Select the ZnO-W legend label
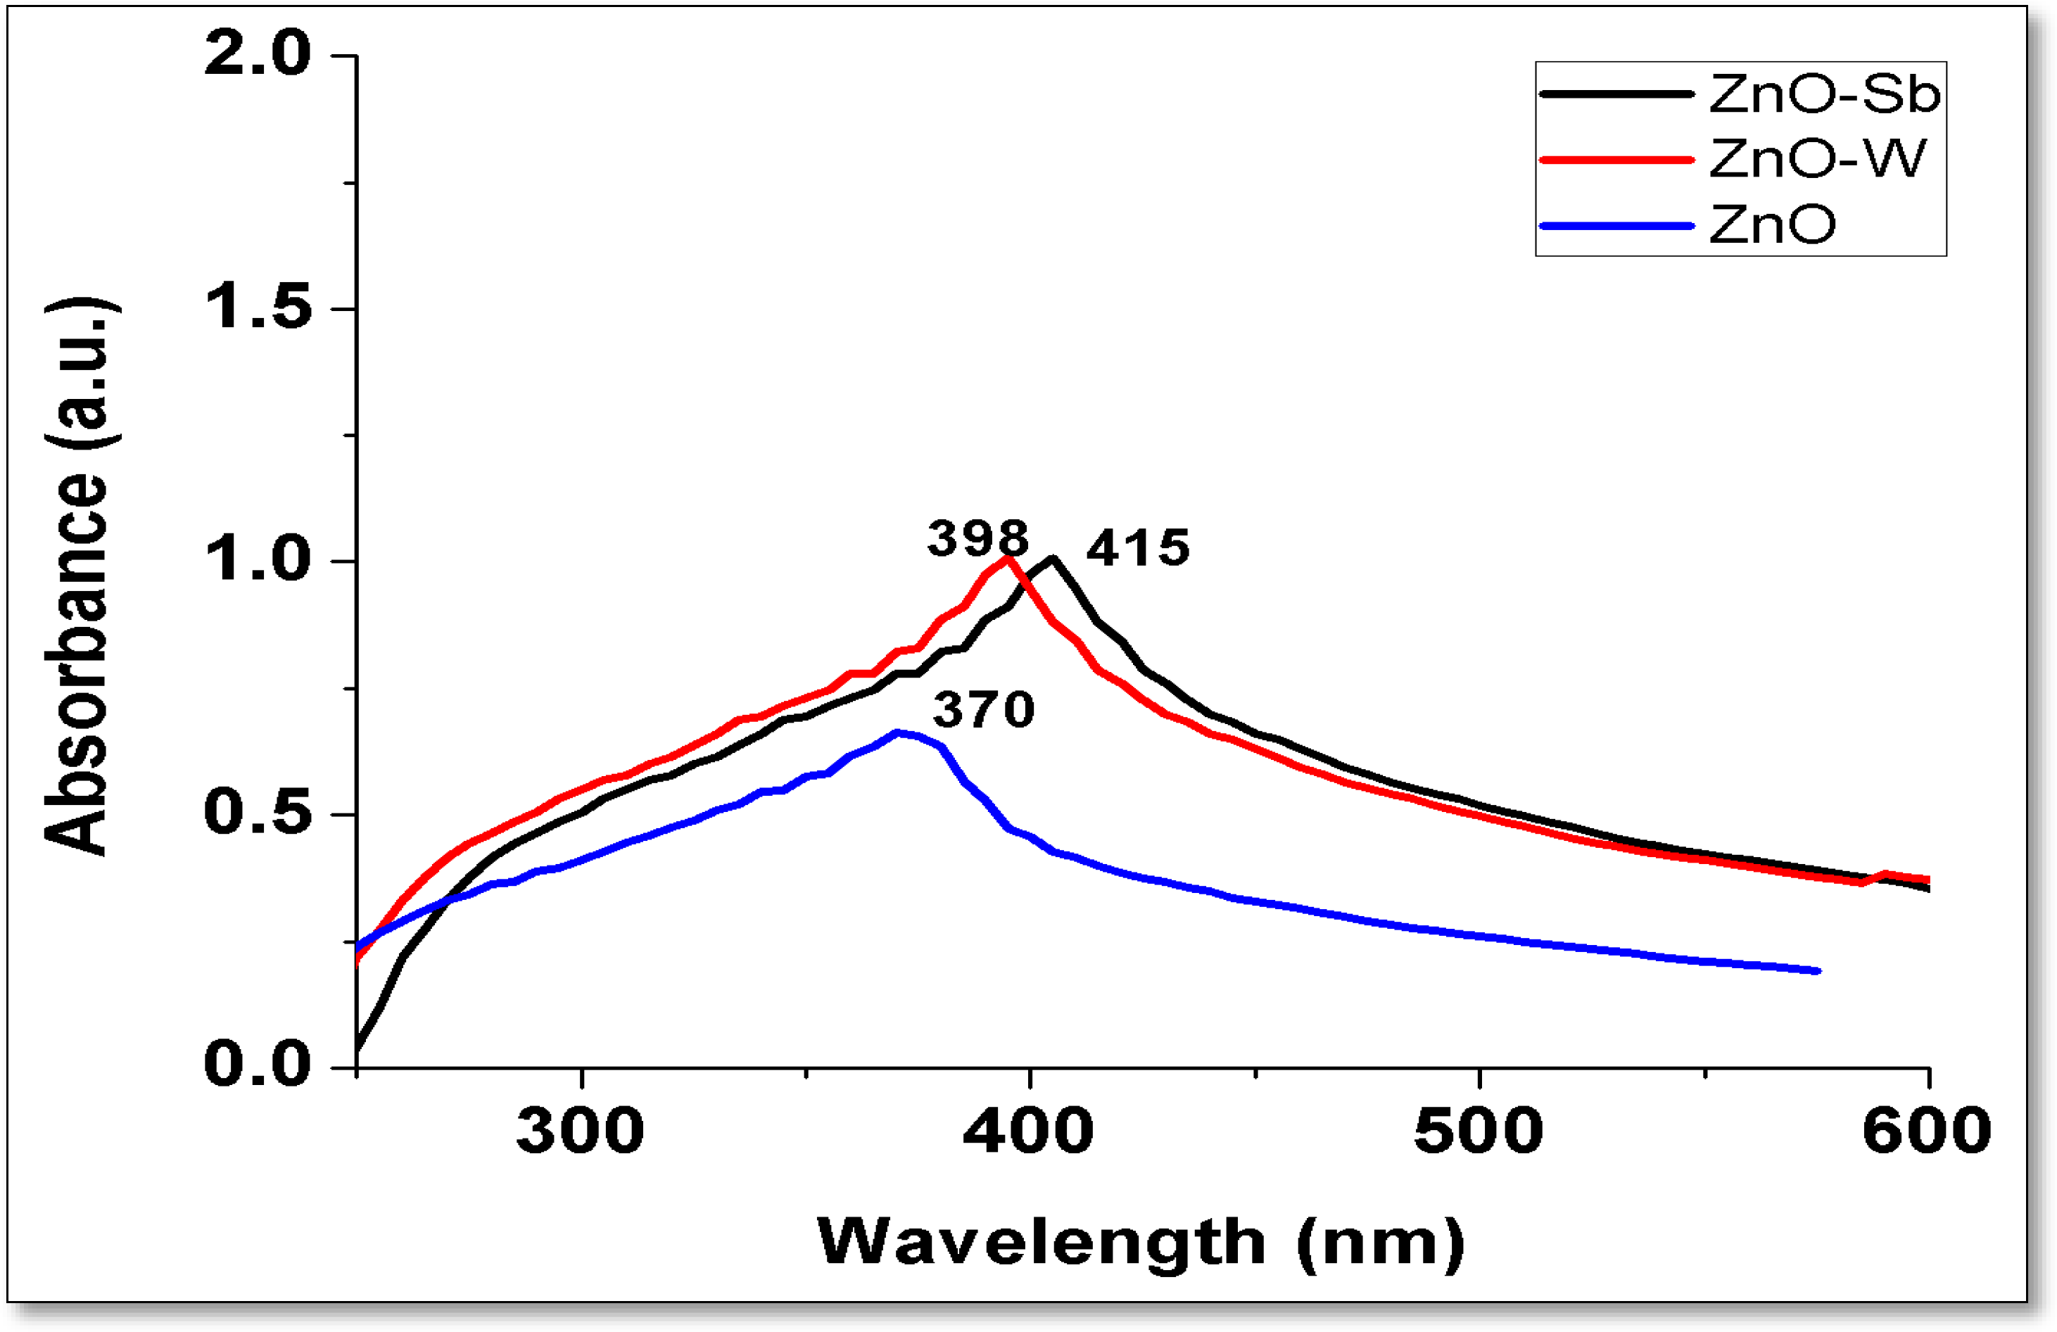coord(1818,159)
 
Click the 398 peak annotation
coord(977,540)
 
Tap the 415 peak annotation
coord(1137,549)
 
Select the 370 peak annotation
coord(984,711)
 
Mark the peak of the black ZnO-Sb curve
coord(1052,559)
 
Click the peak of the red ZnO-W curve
coord(1007,559)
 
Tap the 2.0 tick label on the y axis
coord(257,53)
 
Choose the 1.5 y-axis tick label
coord(257,307)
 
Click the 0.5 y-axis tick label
coord(257,813)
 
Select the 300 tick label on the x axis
coord(581,1131)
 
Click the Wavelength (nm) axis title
coord(1141,1243)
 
